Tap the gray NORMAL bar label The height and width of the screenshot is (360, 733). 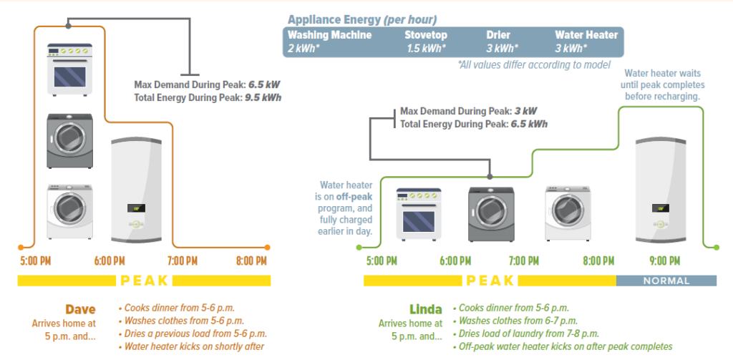point(666,281)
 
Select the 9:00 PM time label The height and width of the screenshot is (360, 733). point(665,261)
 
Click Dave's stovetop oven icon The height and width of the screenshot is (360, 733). point(69,69)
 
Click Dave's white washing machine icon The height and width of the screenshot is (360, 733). point(69,210)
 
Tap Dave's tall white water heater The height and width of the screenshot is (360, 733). point(137,189)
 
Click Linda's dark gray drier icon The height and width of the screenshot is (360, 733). point(490,214)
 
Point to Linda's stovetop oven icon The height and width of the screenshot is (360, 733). point(419,214)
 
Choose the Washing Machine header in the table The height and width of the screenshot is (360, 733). point(329,34)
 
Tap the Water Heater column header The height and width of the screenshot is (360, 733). point(586,34)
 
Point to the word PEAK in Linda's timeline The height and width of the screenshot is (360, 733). point(490,281)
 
